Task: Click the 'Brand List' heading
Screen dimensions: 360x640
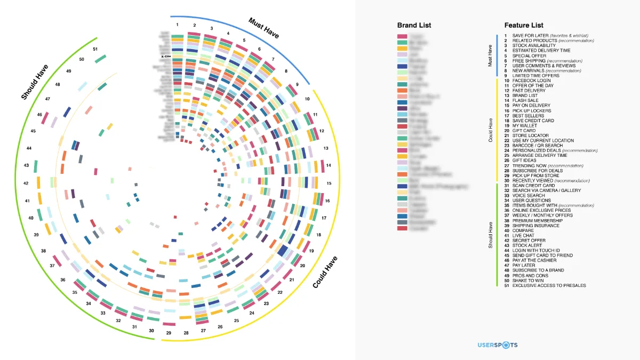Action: click(x=414, y=25)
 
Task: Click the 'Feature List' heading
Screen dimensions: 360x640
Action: click(x=524, y=25)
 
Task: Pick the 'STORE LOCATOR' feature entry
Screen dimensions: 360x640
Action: click(x=530, y=135)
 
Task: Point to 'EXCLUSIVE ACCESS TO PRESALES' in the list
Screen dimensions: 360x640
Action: click(x=549, y=285)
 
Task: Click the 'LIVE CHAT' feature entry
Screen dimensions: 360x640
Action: click(x=523, y=235)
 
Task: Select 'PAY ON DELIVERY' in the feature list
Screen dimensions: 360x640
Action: click(x=531, y=106)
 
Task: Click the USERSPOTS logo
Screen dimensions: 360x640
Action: click(x=497, y=345)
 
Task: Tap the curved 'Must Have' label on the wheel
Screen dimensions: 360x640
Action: click(x=263, y=28)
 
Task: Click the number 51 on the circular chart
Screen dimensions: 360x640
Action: click(x=95, y=49)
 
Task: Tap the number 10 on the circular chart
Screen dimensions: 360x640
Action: click(x=308, y=99)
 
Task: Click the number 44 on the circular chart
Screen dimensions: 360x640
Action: click(x=29, y=148)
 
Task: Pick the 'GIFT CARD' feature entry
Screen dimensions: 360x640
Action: click(x=524, y=131)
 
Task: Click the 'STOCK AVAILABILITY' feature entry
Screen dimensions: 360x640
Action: click(x=534, y=46)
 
